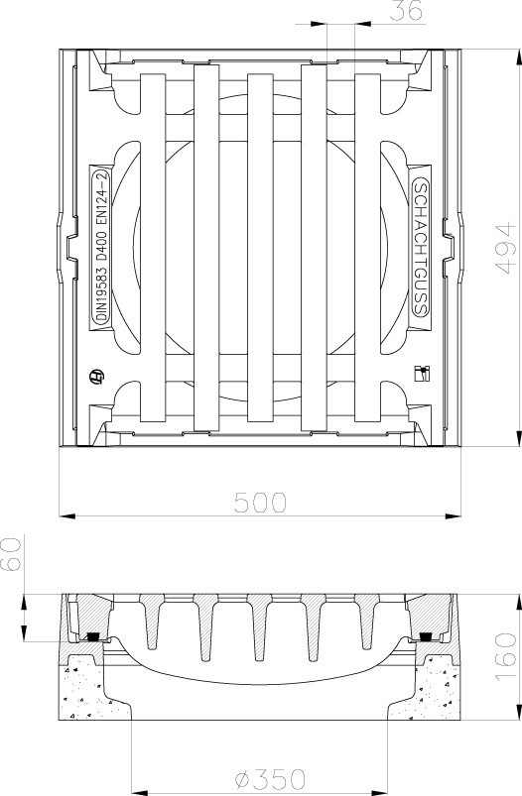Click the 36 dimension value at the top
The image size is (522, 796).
(x=406, y=11)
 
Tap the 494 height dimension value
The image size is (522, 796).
(x=505, y=248)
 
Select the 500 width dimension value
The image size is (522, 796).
(x=260, y=503)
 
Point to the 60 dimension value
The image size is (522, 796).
(x=11, y=554)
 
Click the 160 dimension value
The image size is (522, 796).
(x=505, y=657)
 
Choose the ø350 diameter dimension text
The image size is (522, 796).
(x=271, y=778)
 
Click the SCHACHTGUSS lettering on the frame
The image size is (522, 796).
(x=421, y=248)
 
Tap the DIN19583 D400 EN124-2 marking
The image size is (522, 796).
(x=101, y=247)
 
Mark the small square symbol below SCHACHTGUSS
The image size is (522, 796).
(x=422, y=373)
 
